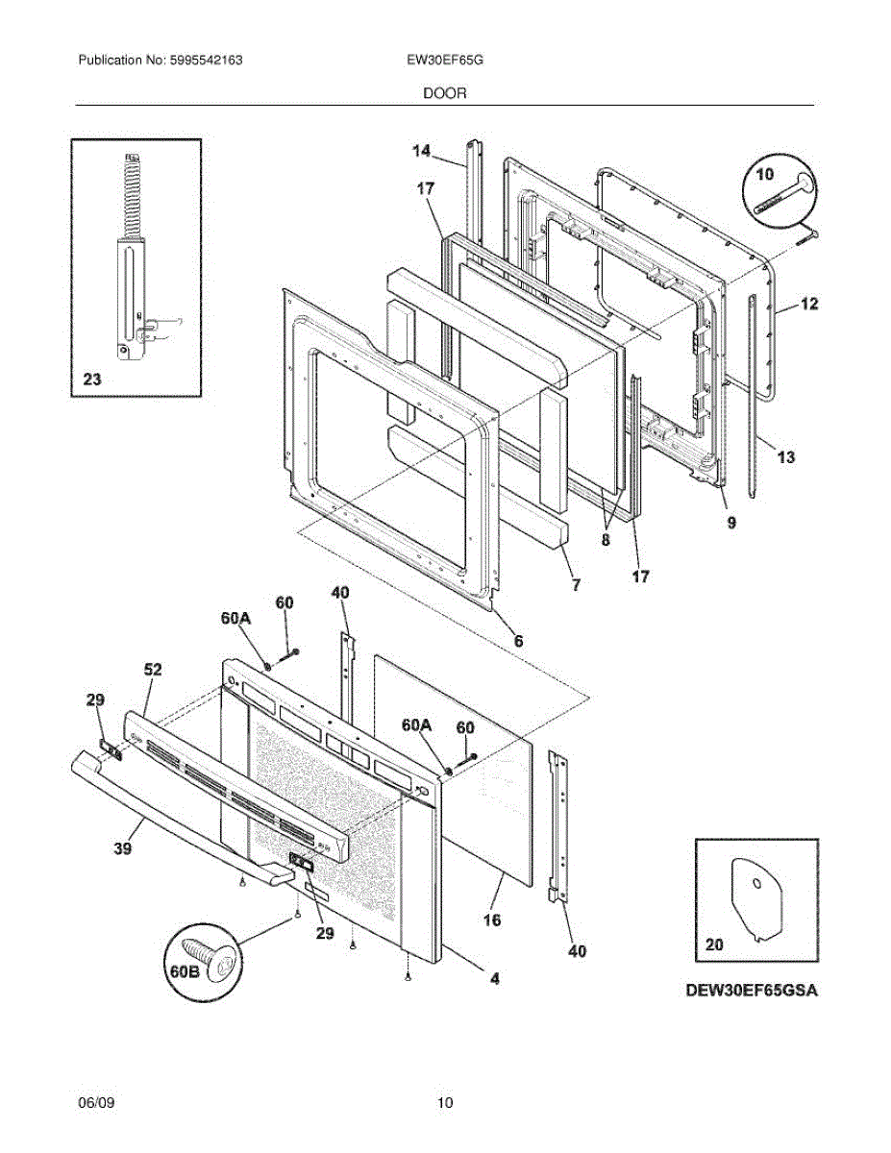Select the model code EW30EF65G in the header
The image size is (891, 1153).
[x=444, y=60]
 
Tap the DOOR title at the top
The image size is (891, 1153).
[x=444, y=93]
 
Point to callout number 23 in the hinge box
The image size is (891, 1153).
[x=91, y=380]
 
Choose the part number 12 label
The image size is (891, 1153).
[x=809, y=305]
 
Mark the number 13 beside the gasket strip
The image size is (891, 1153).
[x=785, y=457]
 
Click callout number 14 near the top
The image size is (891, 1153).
[x=421, y=150]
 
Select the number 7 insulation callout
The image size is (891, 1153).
[x=576, y=583]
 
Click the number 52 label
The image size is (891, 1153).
[x=154, y=669]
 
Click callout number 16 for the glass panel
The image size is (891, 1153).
[x=491, y=920]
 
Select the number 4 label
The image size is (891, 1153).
[x=494, y=979]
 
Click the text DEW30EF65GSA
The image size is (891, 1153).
[x=751, y=991]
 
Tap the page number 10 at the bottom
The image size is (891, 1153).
[x=444, y=1103]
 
